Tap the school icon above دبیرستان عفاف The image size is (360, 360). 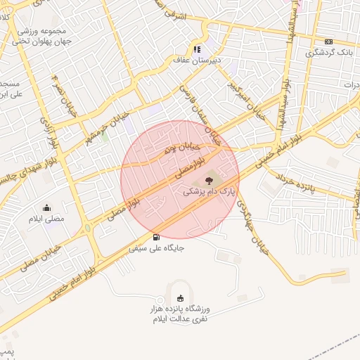click(x=197, y=50)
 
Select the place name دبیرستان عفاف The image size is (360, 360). click(x=197, y=60)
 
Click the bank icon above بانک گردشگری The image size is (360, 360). click(x=329, y=42)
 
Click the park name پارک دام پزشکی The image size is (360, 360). click(x=210, y=191)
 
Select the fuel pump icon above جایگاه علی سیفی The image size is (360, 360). click(x=155, y=237)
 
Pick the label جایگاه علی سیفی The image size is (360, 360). click(x=157, y=247)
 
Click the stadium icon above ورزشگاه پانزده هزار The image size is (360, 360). click(x=181, y=298)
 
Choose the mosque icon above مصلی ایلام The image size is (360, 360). click(x=46, y=207)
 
